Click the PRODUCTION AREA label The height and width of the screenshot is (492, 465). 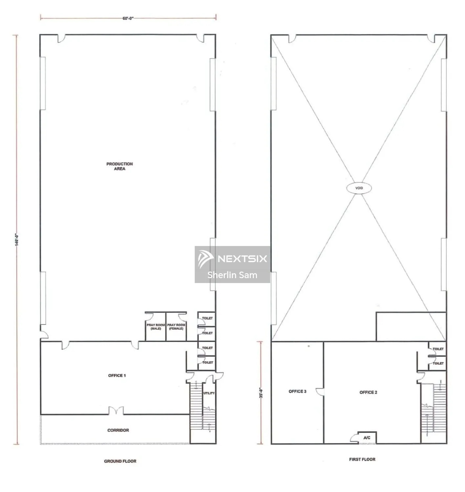coord(119,166)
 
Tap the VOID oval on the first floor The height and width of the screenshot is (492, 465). coord(359,188)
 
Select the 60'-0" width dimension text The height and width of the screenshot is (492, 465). coord(128,18)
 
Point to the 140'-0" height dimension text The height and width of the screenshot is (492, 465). coord(17,239)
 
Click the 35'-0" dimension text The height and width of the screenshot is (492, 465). coord(261,393)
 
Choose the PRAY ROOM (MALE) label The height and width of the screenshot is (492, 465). coord(156,327)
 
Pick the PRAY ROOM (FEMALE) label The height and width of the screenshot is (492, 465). coord(176,327)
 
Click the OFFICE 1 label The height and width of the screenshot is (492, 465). coord(117,376)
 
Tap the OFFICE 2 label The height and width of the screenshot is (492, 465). coord(368,392)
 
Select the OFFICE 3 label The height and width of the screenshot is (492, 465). coord(297,391)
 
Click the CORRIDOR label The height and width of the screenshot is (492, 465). coord(118,430)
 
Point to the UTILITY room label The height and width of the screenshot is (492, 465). coord(209,393)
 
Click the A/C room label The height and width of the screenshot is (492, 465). coord(367,438)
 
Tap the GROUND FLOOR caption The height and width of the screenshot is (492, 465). coord(120,461)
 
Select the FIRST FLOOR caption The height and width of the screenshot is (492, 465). coord(362,459)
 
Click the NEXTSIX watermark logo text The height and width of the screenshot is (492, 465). coord(242,259)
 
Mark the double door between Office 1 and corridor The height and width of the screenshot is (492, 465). coord(116,411)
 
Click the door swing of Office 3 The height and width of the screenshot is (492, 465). coord(320,392)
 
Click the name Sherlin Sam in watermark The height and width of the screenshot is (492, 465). coord(232,275)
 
